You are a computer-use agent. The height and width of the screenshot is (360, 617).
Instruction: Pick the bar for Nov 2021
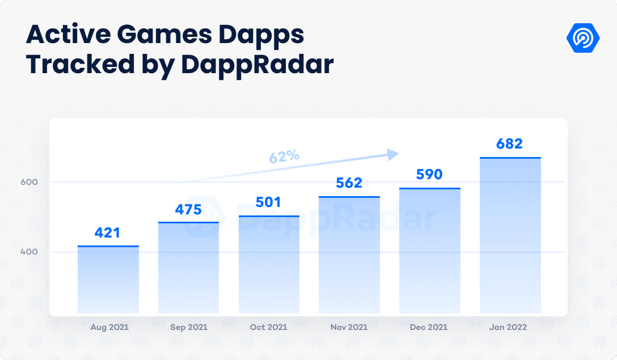click(x=349, y=255)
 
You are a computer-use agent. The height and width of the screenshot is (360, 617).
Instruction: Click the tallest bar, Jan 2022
click(x=510, y=235)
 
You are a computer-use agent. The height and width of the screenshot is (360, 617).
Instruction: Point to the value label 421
click(x=108, y=233)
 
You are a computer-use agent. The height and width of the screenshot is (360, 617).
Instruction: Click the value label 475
click(x=188, y=210)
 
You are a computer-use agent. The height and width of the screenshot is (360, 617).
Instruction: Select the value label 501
click(x=269, y=202)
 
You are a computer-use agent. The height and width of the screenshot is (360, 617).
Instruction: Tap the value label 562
click(x=349, y=183)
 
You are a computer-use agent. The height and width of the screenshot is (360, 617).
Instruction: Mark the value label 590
click(x=429, y=175)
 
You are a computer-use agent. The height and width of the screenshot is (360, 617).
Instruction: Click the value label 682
click(x=509, y=144)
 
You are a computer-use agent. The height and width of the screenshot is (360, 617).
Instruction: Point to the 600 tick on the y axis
click(x=29, y=182)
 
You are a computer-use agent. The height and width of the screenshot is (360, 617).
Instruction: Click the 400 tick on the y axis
click(x=29, y=252)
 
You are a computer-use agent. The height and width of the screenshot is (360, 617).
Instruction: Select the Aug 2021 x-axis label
click(x=109, y=327)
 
